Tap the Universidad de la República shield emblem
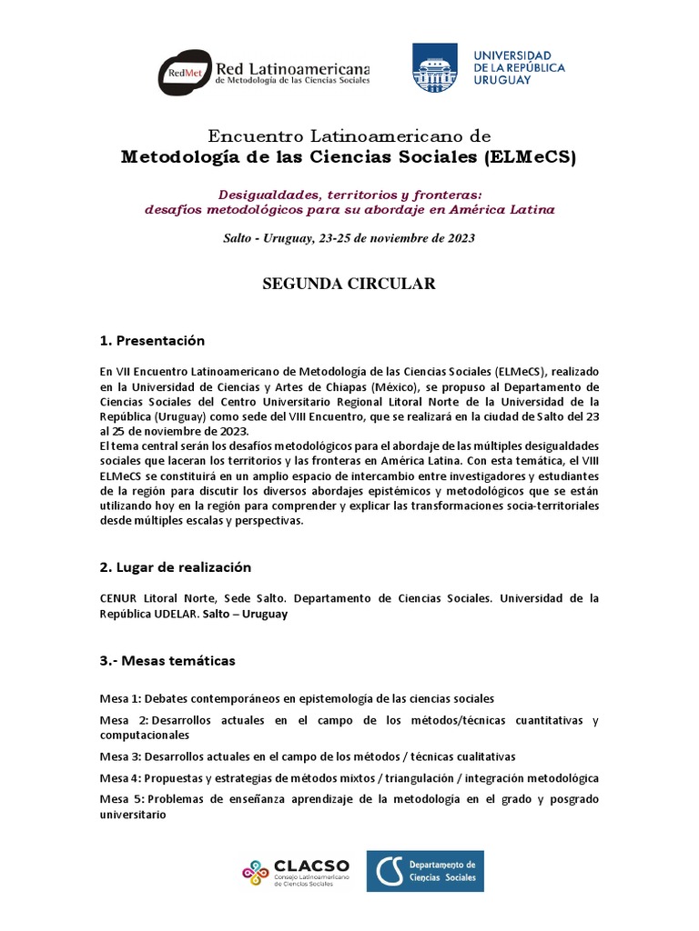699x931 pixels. (435, 68)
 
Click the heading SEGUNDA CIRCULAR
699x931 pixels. (349, 284)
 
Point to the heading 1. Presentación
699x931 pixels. (152, 341)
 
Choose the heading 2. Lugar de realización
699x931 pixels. (175, 566)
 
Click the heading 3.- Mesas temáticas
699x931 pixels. (167, 660)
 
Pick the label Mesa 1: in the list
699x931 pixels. (120, 698)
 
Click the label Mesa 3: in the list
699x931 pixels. (120, 756)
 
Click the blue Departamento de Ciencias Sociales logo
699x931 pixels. (424, 871)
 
